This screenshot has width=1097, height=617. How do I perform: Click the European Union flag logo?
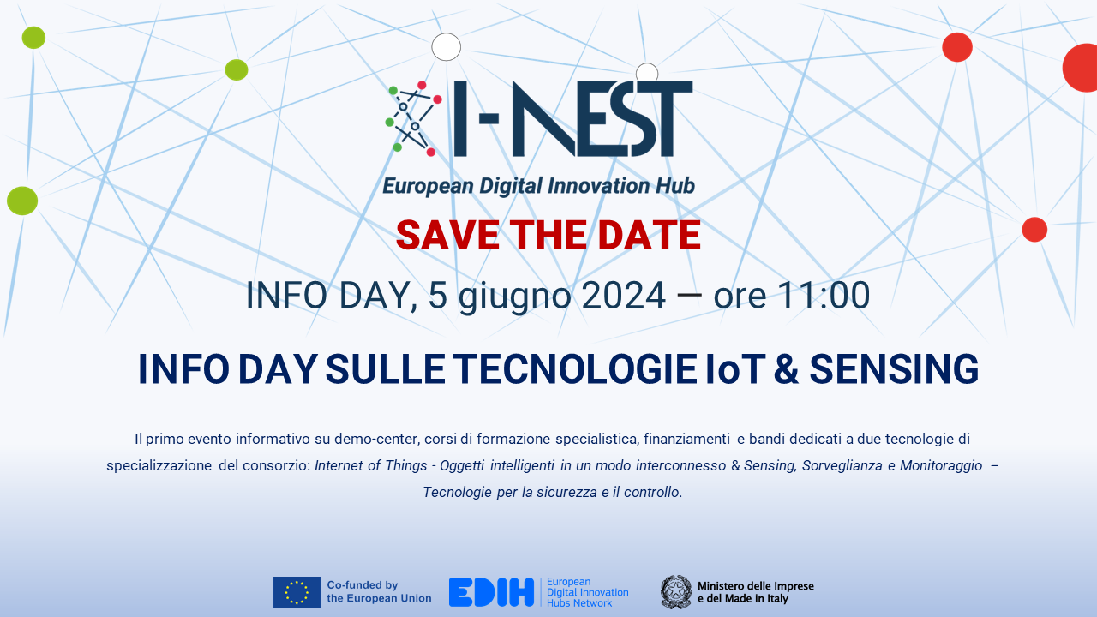coord(297,592)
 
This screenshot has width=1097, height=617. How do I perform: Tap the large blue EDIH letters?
coord(491,592)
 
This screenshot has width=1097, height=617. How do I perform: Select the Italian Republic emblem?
coord(676,592)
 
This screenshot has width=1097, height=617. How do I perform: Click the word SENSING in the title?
coord(894,369)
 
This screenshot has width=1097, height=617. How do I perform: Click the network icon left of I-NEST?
coord(414,119)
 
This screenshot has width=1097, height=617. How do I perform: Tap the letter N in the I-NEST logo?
coord(544,118)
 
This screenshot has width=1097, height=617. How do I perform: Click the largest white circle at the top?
coord(447,47)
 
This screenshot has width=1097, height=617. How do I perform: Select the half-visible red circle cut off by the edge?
coord(1080,68)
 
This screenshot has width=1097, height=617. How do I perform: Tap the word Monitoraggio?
coord(941,465)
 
